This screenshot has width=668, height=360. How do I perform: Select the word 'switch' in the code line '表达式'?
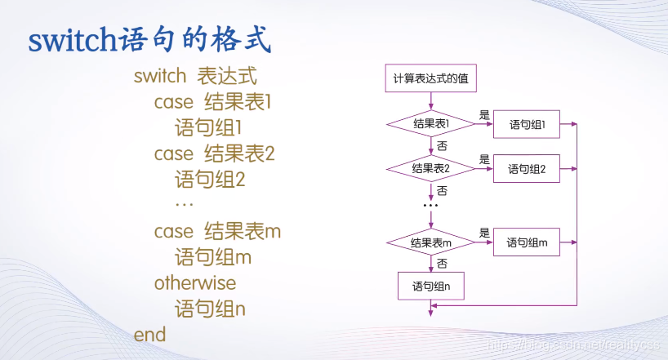(161, 78)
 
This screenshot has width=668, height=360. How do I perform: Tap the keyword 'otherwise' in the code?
(194, 283)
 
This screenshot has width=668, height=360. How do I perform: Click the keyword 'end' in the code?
(149, 335)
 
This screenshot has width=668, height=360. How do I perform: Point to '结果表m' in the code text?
(243, 231)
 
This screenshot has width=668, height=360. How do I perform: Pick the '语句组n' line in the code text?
(210, 309)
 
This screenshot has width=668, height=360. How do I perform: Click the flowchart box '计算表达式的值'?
(430, 79)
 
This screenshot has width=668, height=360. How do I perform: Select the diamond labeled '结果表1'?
(430, 124)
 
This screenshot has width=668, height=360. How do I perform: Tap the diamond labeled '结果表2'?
(430, 169)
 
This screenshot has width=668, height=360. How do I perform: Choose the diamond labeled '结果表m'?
(430, 242)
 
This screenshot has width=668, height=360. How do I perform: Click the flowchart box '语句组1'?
(527, 125)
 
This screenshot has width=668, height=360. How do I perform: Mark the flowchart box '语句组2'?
(527, 169)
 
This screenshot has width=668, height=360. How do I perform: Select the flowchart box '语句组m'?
(527, 242)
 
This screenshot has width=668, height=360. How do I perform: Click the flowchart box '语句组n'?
(431, 287)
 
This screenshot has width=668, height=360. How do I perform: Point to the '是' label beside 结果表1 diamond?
(484, 115)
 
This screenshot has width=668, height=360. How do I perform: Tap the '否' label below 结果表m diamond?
(442, 263)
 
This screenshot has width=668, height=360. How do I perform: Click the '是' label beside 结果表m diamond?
(484, 233)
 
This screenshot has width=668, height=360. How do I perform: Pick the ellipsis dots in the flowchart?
(430, 205)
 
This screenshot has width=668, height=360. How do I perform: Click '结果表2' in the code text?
(239, 153)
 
